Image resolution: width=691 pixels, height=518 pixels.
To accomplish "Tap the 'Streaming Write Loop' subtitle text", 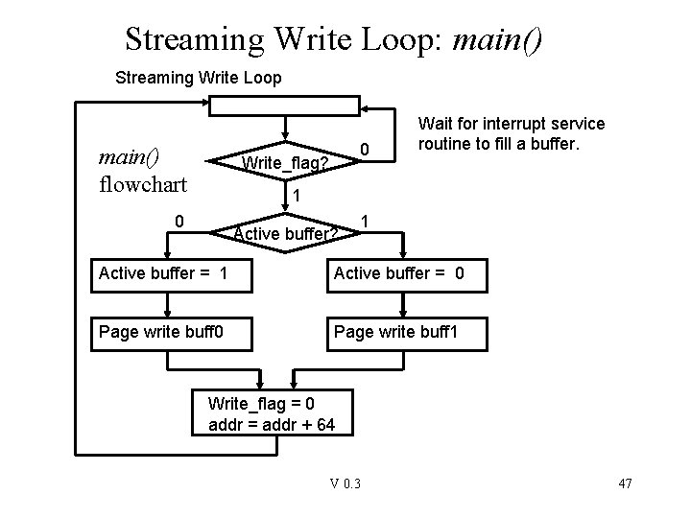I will click(198, 78).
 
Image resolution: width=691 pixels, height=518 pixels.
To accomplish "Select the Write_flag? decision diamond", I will click(284, 162).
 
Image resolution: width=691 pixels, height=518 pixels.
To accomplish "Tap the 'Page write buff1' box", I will click(404, 334).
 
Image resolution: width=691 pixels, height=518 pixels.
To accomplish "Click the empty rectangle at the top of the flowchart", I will click(284, 106).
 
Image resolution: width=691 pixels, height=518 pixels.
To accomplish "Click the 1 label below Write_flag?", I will click(297, 196).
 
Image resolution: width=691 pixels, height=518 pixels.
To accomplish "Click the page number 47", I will click(624, 483).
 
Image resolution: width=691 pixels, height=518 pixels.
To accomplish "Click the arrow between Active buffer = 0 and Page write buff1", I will click(404, 305).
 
